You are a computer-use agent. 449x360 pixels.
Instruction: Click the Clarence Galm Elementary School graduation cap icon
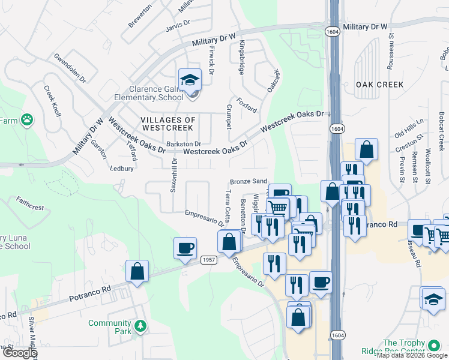point(190,79)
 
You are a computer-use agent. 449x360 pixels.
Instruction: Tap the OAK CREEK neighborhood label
point(379,85)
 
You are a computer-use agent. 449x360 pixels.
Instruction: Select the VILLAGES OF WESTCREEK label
point(168,124)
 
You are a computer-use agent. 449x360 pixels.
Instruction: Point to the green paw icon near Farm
point(26,120)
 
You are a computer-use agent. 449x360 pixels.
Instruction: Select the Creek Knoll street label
point(53,101)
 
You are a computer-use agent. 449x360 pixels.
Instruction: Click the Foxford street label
point(247,105)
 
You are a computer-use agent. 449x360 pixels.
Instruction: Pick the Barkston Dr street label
point(184,144)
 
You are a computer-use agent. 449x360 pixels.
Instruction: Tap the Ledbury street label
point(121,169)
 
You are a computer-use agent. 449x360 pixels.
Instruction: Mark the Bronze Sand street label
point(248,181)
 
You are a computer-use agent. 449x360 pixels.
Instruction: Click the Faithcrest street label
point(30,203)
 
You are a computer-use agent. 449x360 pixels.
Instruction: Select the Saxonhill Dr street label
point(174,175)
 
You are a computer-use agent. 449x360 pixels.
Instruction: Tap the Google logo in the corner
point(19,353)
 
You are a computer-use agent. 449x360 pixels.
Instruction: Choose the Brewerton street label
point(140,16)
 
